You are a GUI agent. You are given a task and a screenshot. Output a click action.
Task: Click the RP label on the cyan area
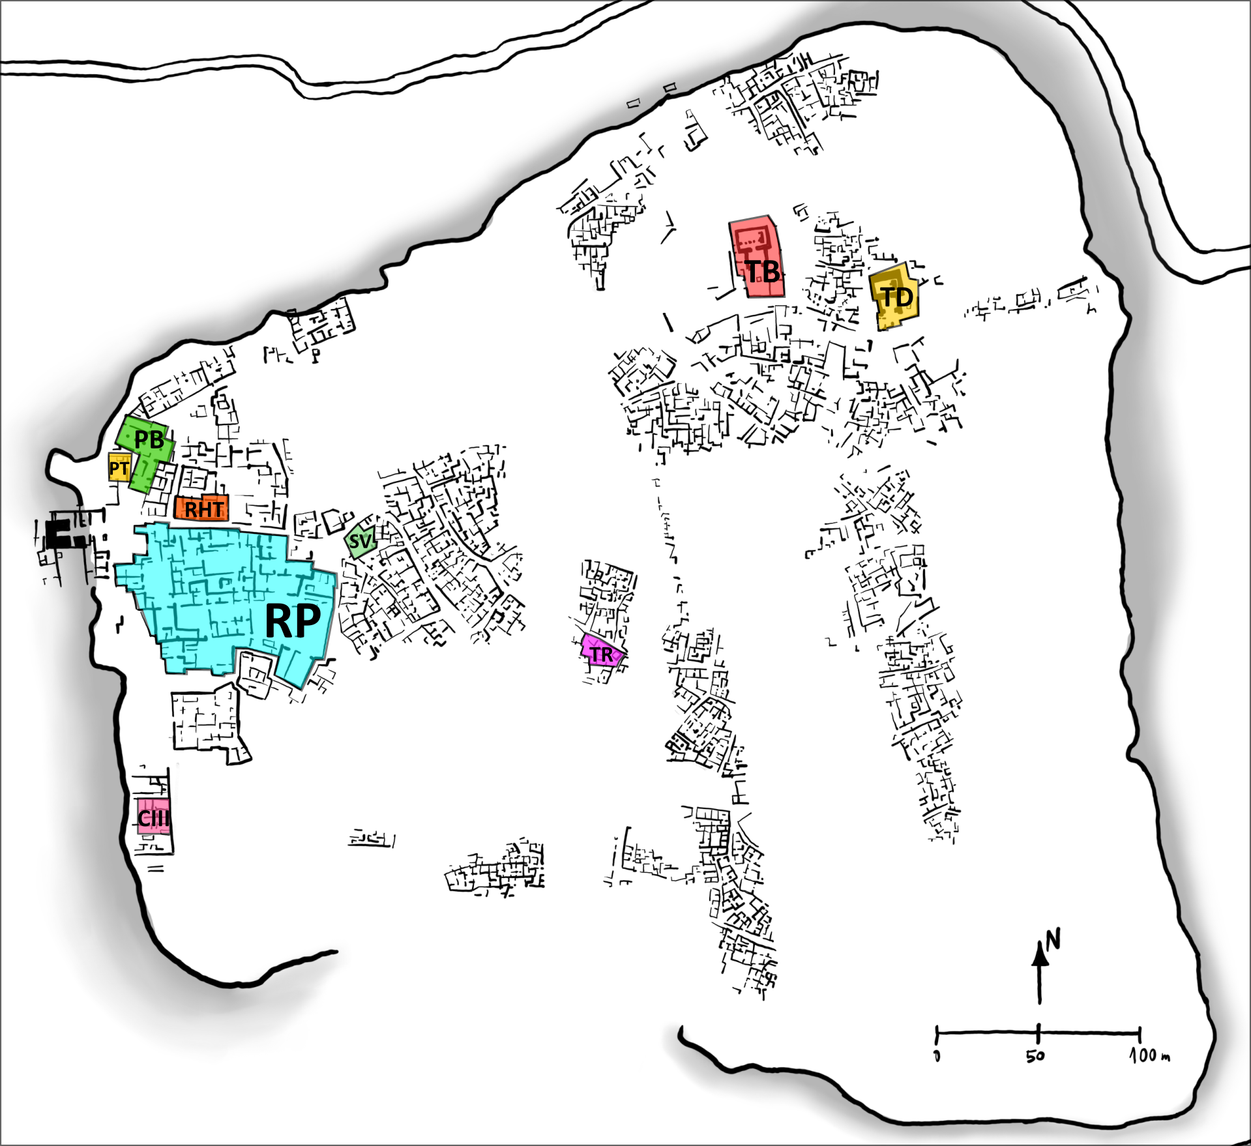click(x=293, y=621)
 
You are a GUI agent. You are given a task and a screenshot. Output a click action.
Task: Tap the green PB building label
click(x=149, y=440)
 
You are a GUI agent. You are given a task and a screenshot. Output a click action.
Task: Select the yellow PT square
click(x=119, y=468)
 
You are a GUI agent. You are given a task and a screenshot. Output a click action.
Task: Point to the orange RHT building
click(x=203, y=508)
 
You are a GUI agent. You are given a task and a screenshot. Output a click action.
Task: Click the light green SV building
click(x=360, y=541)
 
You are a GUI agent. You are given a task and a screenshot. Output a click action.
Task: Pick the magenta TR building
click(x=602, y=654)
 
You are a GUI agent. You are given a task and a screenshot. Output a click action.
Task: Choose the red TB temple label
click(x=762, y=272)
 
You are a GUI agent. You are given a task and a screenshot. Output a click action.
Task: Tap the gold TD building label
click(x=897, y=298)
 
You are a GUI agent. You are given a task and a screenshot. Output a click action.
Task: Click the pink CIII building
click(x=153, y=817)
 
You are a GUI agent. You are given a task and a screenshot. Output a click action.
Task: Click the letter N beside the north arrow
click(x=1053, y=939)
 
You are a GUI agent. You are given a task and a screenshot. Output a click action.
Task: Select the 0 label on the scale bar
click(x=937, y=1055)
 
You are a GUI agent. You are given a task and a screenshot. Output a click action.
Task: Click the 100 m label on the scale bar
click(x=1150, y=1055)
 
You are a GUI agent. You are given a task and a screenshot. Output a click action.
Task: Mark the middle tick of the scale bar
click(x=1038, y=1033)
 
